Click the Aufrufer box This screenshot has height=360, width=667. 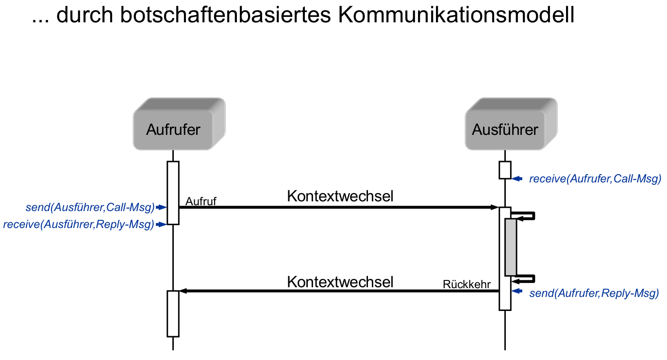[x=173, y=130]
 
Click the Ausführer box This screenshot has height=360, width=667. [x=505, y=130]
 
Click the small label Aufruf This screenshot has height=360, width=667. [x=200, y=201]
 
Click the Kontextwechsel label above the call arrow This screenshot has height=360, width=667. [x=340, y=196]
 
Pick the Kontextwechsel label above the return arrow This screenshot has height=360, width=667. [x=340, y=281]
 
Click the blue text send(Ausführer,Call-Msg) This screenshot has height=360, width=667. [x=90, y=208]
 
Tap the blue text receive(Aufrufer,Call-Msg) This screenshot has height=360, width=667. [x=595, y=179]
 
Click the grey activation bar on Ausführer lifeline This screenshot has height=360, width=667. [x=510, y=247]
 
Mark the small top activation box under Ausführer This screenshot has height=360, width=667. [x=505, y=170]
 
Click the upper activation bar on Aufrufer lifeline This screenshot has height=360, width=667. [x=173, y=192]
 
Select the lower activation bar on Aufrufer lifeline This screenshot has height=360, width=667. [x=173, y=313]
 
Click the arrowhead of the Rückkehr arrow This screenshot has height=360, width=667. [x=183, y=291]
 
